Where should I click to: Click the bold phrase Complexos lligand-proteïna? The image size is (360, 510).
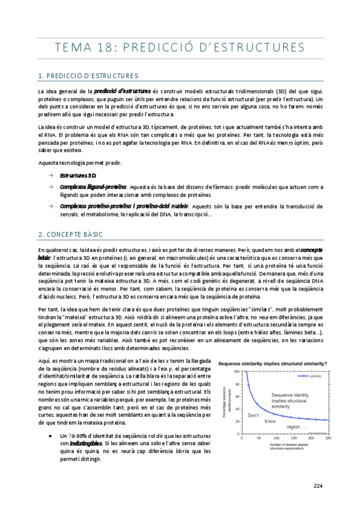92,187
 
